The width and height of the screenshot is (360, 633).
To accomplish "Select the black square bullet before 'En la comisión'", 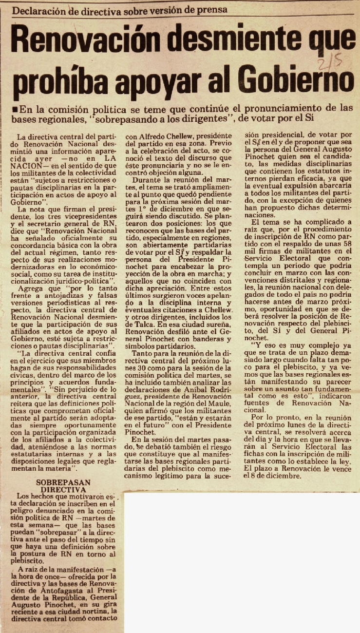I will [x=17, y=109].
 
